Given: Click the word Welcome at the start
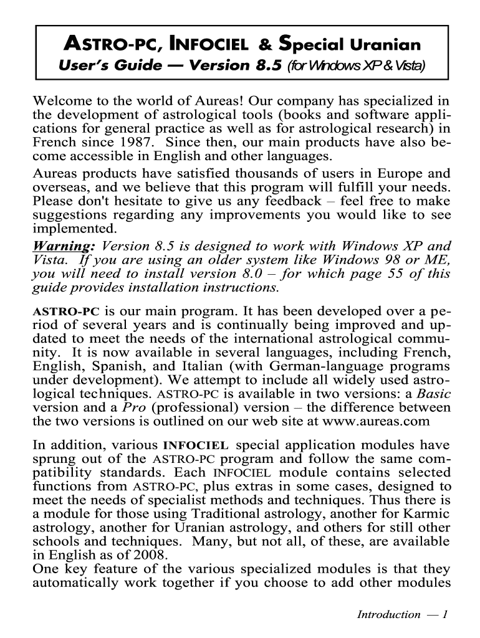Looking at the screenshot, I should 59,102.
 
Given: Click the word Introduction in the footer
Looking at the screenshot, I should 388,615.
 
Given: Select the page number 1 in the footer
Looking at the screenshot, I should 445,615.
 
